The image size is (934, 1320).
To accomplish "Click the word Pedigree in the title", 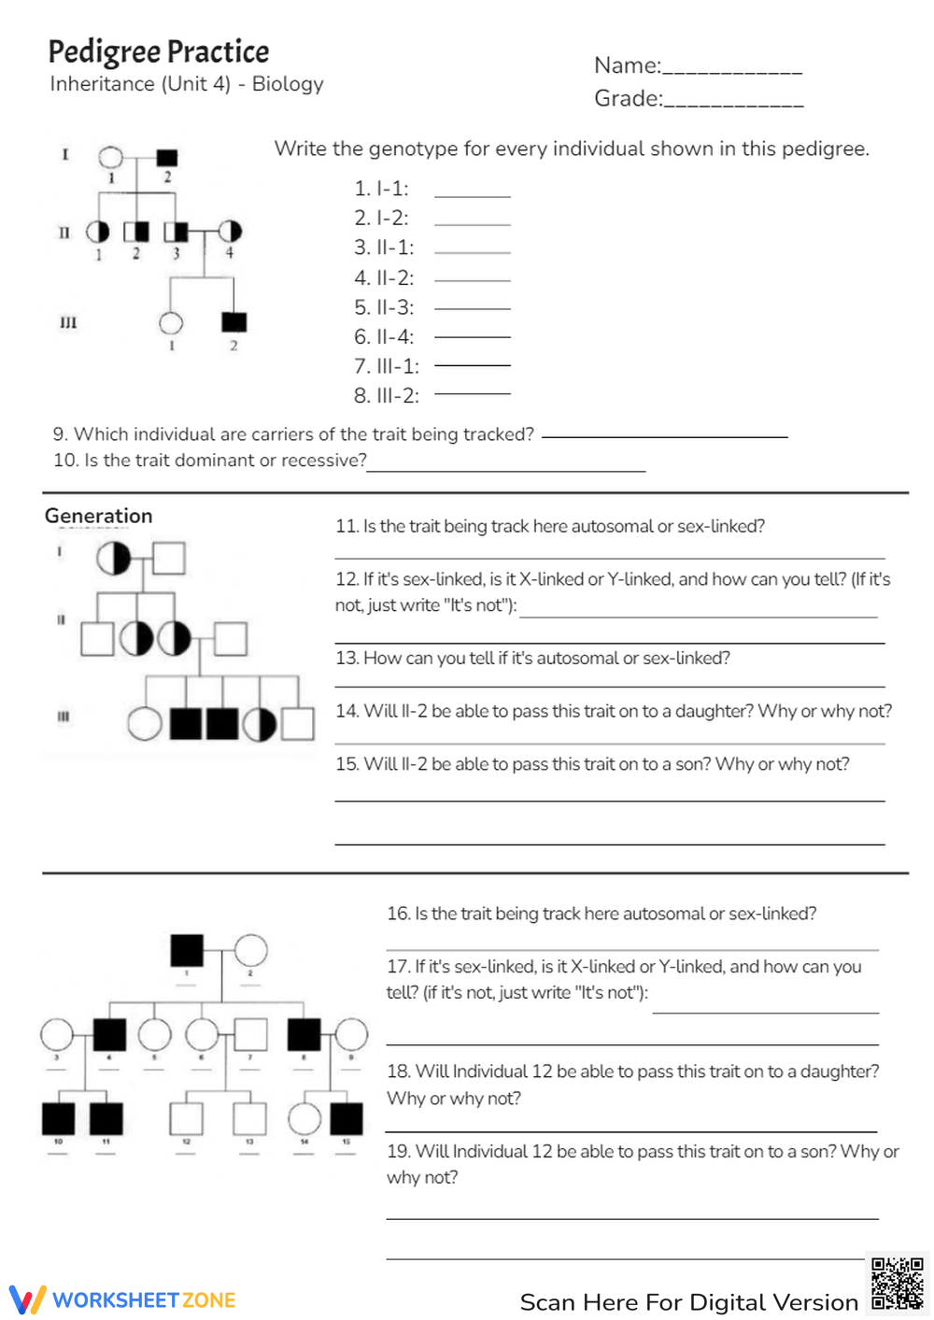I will coord(99,52).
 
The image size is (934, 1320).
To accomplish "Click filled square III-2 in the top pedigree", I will coord(233,322).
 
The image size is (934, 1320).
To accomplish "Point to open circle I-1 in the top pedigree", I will coord(110,157).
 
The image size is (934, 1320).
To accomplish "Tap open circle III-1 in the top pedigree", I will coord(171,323).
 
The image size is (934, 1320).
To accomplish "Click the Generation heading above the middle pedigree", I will coord(98,516).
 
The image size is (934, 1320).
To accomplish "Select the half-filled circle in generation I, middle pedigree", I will coord(114,559).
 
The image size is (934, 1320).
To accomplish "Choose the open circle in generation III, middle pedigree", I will coord(145,724).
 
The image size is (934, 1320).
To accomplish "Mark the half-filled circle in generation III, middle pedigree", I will coord(260,724).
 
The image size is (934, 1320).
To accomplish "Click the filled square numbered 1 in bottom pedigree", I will coord(187,950).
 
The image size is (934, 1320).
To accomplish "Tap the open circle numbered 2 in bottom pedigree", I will coord(250,950).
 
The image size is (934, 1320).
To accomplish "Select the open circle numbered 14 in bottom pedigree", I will coord(304,1118).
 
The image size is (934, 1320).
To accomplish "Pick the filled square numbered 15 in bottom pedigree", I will coord(347,1118).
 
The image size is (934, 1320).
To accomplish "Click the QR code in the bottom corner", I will coord(897,1284).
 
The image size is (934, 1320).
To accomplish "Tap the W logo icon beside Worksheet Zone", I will coord(27,1299).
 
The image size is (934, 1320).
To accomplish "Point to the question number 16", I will coord(398,914).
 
